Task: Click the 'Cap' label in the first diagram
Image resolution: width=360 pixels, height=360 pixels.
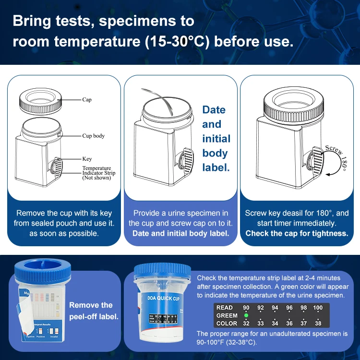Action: pos(86,100)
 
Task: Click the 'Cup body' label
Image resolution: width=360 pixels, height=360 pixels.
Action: pos(93,136)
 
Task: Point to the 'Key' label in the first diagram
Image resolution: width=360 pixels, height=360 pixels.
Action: pos(87,159)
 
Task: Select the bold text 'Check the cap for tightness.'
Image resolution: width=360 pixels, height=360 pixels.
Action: pos(297,233)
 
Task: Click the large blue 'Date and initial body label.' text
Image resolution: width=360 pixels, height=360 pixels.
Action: pos(216,138)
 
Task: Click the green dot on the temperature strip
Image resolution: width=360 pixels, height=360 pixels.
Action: pos(246,315)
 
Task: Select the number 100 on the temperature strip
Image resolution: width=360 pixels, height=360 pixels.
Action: pos(318,308)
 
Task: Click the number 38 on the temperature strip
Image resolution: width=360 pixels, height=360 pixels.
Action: pos(318,324)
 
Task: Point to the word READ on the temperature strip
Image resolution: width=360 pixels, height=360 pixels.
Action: pos(225,308)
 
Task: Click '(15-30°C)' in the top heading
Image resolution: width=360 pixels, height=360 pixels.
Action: pos(177,41)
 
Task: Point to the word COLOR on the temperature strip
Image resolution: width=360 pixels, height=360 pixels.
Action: pos(227,324)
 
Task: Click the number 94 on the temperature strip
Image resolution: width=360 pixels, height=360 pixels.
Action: pos(275,308)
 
